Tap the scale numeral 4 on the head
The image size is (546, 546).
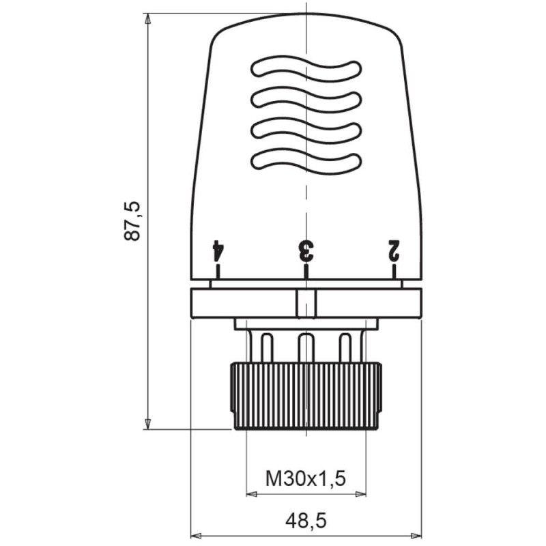point(218,250)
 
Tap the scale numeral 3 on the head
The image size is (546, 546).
point(306,250)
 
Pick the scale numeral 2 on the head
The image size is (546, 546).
point(394,250)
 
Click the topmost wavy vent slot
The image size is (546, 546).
point(306,69)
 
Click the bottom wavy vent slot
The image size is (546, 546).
point(306,161)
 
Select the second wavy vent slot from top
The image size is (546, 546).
point(306,100)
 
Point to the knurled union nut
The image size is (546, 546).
point(306,396)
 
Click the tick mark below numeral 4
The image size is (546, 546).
point(218,271)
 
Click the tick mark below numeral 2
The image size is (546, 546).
point(394,271)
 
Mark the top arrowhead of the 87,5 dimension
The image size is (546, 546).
point(147,18)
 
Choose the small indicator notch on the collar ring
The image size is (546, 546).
point(306,304)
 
